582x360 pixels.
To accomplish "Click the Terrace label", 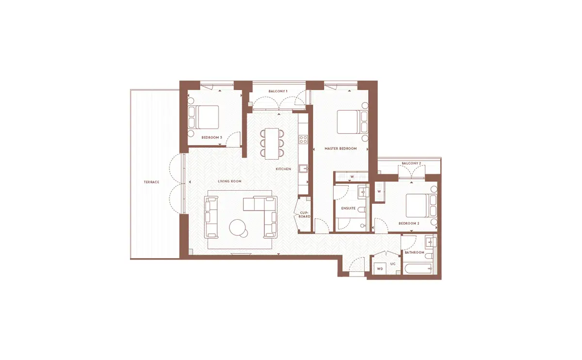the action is coord(151,182).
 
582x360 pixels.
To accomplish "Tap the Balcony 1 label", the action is coord(278,91).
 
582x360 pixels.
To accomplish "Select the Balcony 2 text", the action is coord(411,163).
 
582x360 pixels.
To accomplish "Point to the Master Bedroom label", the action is coord(340,148).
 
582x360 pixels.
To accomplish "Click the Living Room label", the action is coord(229,181).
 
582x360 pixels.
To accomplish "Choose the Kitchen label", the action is coord(283,169).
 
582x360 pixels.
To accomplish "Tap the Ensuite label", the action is coord(348,208).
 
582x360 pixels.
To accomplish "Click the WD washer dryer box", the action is coord(380,268).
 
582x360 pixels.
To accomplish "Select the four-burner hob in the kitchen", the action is coord(303,139).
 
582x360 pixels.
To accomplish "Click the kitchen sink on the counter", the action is coord(303,169).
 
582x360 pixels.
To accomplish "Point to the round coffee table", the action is coord(238,228).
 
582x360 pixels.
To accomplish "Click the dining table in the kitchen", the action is coord(272,144).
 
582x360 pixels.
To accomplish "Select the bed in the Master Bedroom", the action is coord(352,122).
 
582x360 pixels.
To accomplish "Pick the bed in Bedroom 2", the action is coord(421,206).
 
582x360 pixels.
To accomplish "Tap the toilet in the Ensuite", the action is coord(362,210).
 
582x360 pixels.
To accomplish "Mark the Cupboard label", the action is coord(304,214).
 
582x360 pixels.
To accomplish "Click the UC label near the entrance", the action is coord(393,264).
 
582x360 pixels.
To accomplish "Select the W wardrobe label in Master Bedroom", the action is coord(352,177).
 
